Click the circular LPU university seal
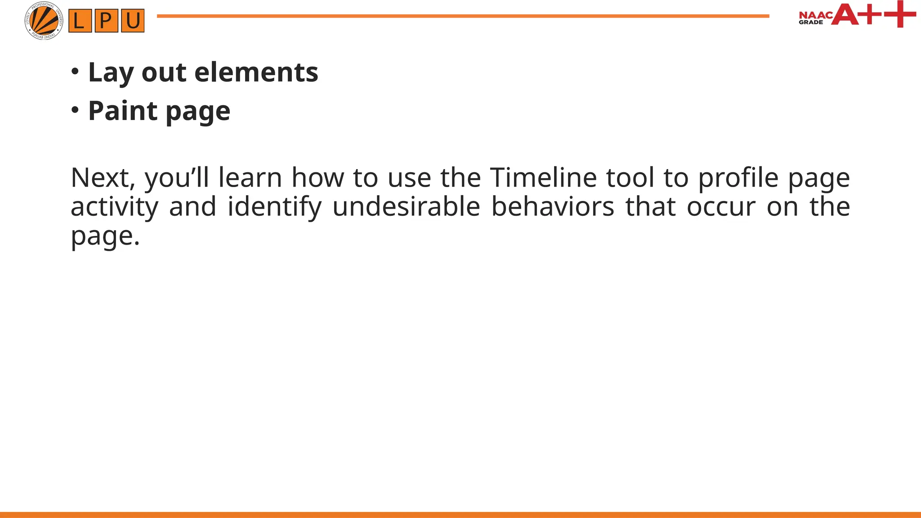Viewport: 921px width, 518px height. point(44,21)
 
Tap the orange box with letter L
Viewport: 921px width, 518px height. point(80,21)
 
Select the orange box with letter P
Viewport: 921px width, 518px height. point(106,21)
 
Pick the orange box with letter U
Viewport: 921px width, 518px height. point(133,21)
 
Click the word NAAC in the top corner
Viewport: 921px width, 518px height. point(815,16)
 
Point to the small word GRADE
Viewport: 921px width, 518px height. point(810,22)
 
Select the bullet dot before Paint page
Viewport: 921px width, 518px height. point(75,110)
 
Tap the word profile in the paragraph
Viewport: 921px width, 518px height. point(738,178)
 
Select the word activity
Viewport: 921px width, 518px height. point(115,207)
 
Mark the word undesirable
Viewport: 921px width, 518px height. point(406,206)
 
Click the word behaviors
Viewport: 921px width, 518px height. point(552,206)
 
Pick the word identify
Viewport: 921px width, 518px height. point(274,207)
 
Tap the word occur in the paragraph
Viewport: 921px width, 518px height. point(721,207)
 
